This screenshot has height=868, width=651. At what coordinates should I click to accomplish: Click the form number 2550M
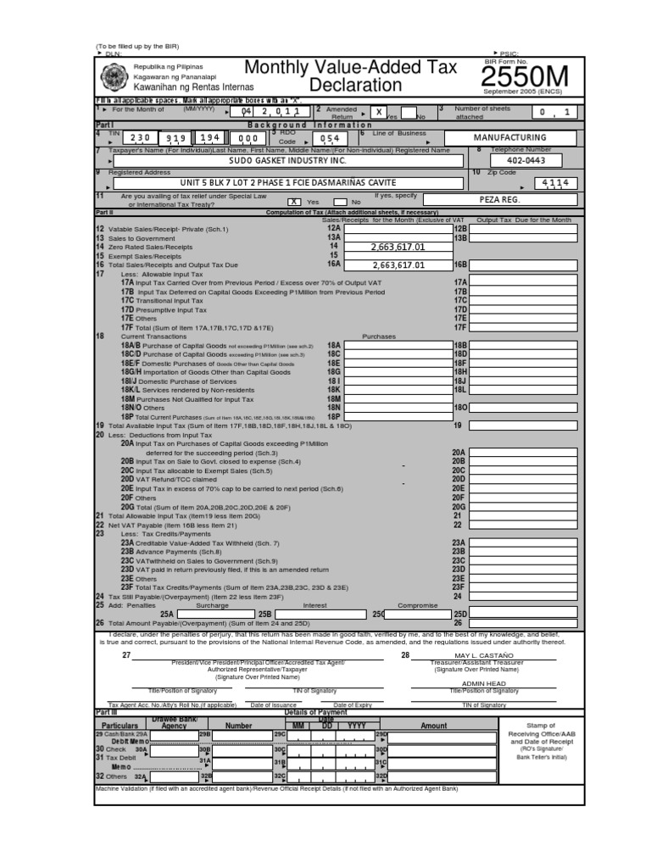click(x=526, y=78)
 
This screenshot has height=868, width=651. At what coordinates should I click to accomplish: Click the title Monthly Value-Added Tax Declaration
click(x=350, y=76)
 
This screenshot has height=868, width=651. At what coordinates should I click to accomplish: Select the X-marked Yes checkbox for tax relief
click(x=294, y=202)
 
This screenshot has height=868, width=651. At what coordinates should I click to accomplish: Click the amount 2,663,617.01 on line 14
click(x=398, y=247)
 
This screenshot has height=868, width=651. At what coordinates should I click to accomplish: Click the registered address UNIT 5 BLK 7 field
click(x=288, y=182)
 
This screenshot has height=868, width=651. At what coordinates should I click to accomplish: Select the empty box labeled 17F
click(x=523, y=327)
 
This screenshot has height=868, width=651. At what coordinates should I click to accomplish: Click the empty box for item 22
click(x=523, y=525)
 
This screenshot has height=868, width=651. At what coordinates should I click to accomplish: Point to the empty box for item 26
click(x=523, y=622)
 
